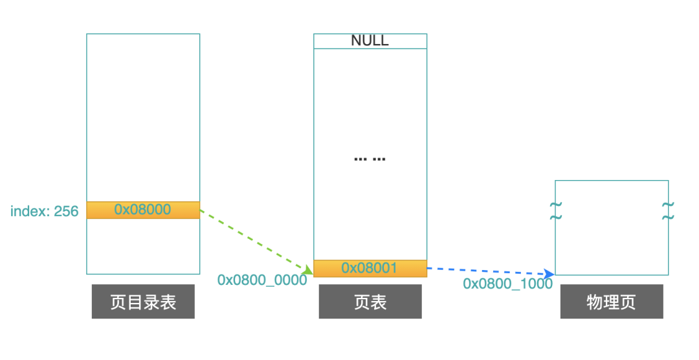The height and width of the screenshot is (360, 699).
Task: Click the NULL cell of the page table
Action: pos(370,41)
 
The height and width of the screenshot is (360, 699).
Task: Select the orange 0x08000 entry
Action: pos(143,210)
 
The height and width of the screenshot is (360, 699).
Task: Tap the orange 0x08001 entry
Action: pos(370,268)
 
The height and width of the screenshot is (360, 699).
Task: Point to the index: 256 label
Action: pos(44,211)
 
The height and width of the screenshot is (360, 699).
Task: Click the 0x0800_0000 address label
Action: pos(262,280)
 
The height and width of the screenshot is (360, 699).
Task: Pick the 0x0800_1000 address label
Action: pos(507,284)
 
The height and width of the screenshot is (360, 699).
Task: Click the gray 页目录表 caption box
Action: pos(143,302)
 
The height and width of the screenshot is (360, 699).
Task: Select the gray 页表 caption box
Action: pos(370,302)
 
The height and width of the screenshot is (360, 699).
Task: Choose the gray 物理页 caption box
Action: pos(612,302)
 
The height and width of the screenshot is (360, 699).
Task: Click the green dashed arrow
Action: pos(252,239)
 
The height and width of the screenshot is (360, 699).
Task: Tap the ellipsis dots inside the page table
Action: pos(370,159)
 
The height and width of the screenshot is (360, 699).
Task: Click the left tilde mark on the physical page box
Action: pos(555,210)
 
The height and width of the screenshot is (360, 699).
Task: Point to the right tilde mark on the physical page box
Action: pos(668,210)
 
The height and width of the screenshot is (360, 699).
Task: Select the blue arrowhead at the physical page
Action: pos(549,274)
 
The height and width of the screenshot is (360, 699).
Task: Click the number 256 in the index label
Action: pos(66,211)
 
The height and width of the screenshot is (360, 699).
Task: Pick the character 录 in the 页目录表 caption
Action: pos(151,302)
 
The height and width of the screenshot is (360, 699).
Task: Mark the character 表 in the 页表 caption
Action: pos(379,302)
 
